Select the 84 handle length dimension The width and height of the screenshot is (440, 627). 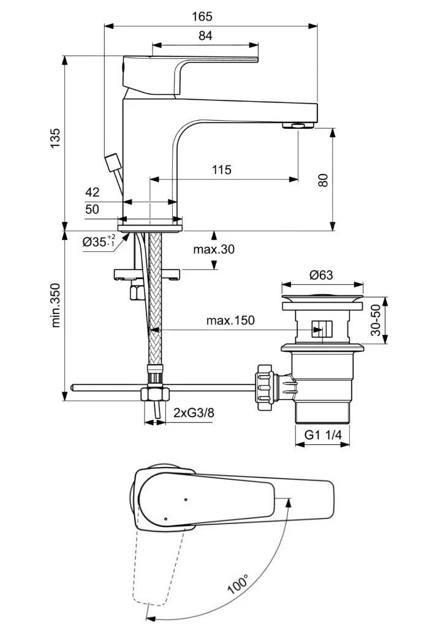tap(205, 36)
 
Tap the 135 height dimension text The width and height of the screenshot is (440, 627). tap(56, 140)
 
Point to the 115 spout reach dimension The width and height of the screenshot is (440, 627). tap(221, 170)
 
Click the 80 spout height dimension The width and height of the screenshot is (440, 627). tap(324, 179)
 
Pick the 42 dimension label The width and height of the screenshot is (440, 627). tap(92, 192)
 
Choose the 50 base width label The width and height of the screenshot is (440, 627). tap(92, 210)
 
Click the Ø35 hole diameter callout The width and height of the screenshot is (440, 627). tap(98, 241)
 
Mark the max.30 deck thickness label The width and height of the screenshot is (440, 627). tap(213, 249)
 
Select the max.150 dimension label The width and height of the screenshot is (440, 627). tap(230, 320)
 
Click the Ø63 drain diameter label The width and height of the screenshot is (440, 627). tap(321, 275)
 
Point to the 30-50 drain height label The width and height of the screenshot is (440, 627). tap(376, 321)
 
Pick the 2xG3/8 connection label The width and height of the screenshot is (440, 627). tap(193, 412)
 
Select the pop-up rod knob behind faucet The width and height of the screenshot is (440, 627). tap(112, 164)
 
